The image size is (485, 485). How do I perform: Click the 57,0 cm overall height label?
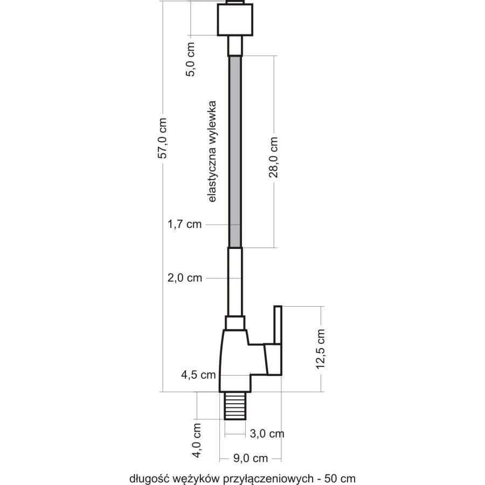162,138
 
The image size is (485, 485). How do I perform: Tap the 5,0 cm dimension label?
190,59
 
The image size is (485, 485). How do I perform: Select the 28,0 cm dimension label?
273,157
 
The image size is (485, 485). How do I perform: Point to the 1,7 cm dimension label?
185,224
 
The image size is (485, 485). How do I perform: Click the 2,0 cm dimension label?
185,278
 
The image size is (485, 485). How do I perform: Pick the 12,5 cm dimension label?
321,349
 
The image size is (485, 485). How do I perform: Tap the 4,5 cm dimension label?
198,375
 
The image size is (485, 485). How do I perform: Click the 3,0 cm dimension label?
267,433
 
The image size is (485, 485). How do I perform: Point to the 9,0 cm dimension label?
251,458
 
